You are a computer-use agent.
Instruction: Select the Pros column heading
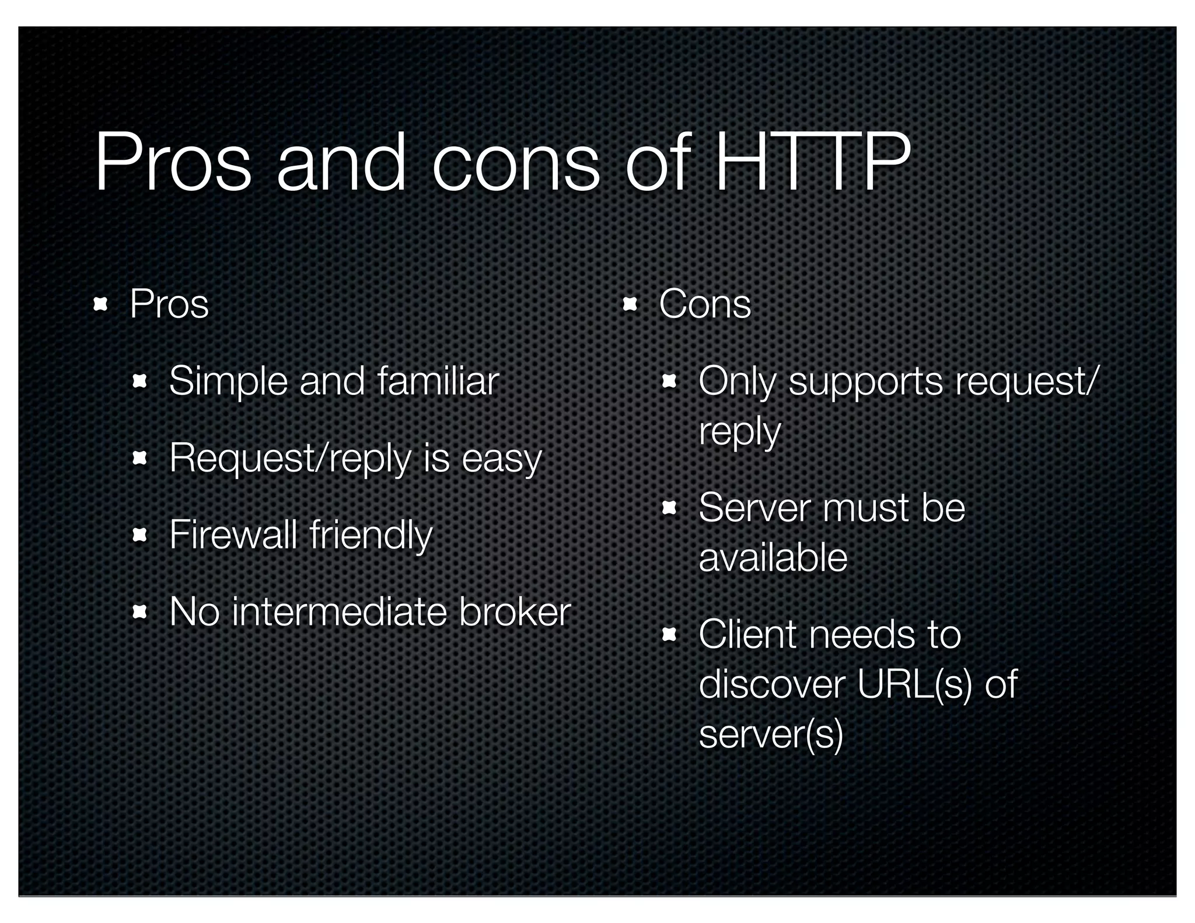tap(169, 304)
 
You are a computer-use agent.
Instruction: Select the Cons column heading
tap(705, 304)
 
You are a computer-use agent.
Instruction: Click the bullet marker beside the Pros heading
tap(100, 304)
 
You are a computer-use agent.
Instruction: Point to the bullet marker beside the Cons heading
tap(630, 304)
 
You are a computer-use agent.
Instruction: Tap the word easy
tap(501, 459)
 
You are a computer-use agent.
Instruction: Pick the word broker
tap(514, 612)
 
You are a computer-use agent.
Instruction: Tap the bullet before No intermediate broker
tap(139, 613)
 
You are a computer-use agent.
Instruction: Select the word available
tap(773, 558)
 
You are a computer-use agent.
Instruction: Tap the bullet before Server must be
tap(669, 508)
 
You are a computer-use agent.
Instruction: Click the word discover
tap(771, 684)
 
